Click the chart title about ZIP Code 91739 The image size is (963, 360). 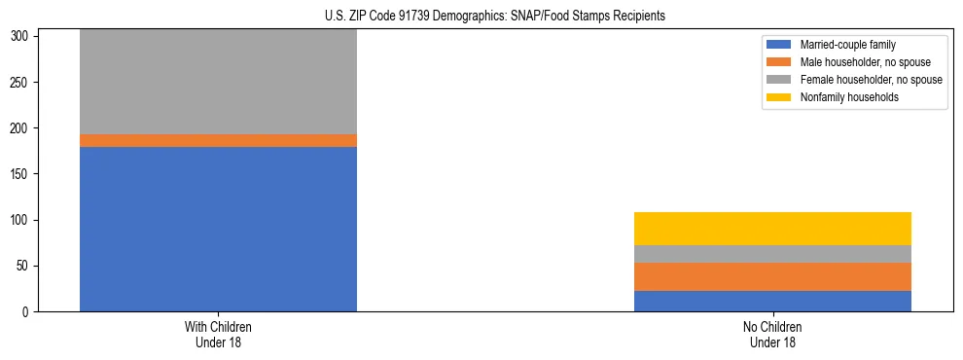click(495, 17)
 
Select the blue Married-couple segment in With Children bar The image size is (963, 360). click(218, 229)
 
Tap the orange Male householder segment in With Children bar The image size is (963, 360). click(218, 140)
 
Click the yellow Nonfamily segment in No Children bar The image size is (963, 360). click(772, 229)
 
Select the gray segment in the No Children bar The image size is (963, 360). click(772, 254)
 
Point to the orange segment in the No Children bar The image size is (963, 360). click(772, 276)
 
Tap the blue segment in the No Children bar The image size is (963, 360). click(772, 301)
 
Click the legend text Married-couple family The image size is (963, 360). click(846, 45)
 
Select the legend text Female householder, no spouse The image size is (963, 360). click(871, 80)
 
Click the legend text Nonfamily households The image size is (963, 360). click(848, 97)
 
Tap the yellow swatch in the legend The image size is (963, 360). click(779, 97)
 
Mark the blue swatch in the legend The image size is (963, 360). click(779, 45)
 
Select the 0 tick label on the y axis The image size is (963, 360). click(29, 312)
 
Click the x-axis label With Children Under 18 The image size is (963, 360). click(218, 334)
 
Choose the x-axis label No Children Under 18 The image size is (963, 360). click(772, 334)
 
